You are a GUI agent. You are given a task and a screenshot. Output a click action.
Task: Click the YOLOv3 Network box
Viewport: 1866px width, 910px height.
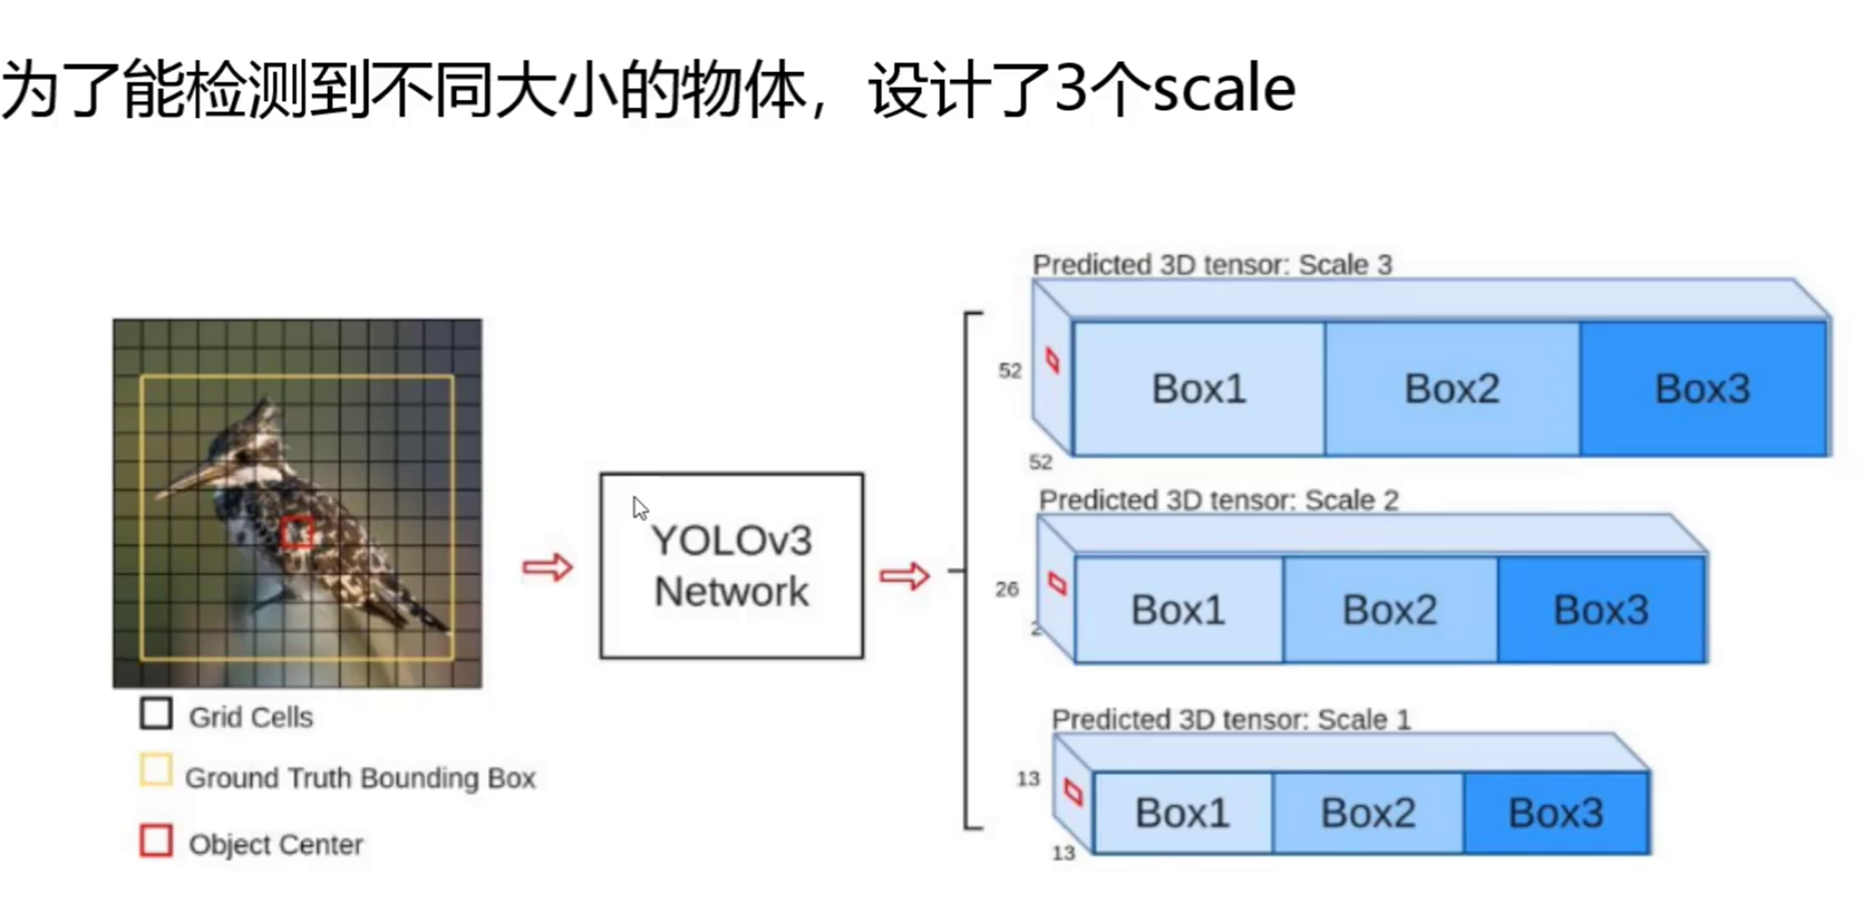coord(732,566)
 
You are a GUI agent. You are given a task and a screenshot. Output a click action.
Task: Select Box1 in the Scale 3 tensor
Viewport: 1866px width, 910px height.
coord(1199,389)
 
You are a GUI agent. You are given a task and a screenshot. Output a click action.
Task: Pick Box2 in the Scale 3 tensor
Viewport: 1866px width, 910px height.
coord(1451,389)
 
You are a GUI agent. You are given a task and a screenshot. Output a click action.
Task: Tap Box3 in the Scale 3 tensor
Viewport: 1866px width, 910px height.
coord(1702,389)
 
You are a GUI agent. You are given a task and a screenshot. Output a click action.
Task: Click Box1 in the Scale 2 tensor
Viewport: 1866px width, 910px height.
coord(1179,610)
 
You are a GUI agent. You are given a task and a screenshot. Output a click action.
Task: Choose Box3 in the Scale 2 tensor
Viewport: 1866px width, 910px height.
coord(1601,610)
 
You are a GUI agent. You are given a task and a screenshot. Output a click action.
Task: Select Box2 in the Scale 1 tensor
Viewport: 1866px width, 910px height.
coord(1368,812)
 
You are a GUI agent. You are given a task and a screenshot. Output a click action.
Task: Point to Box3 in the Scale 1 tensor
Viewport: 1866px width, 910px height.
coord(1555,812)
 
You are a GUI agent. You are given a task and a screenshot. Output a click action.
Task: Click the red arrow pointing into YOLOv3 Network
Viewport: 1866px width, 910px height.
coord(548,567)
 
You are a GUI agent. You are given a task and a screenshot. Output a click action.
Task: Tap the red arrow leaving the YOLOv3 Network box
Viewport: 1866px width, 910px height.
coord(905,576)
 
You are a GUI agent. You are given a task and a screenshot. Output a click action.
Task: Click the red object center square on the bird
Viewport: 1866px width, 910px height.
coord(296,533)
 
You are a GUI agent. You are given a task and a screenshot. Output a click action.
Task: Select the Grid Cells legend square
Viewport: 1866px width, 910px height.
coord(156,713)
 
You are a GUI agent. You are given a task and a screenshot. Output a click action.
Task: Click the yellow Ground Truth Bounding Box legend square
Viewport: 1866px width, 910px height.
coord(156,770)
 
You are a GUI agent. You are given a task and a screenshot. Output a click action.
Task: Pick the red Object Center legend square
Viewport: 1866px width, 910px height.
coord(156,841)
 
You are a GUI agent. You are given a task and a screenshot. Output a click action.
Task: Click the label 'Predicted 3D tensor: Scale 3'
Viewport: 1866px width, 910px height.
coord(1212,265)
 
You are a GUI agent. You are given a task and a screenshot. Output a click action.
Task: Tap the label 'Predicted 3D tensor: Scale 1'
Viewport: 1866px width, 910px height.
coord(1231,720)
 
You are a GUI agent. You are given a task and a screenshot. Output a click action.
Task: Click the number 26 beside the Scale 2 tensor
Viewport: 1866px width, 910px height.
coord(1007,589)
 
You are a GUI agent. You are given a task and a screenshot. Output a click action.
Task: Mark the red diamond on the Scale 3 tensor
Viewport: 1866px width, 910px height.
coord(1053,360)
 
